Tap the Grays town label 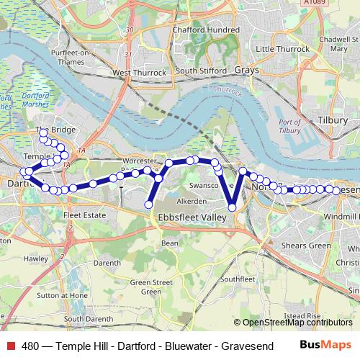[x=246, y=71]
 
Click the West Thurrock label [x=140, y=73]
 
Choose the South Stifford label [x=197, y=71]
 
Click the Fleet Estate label [x=84, y=215]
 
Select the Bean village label [x=170, y=243]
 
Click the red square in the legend [x=10, y=344]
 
